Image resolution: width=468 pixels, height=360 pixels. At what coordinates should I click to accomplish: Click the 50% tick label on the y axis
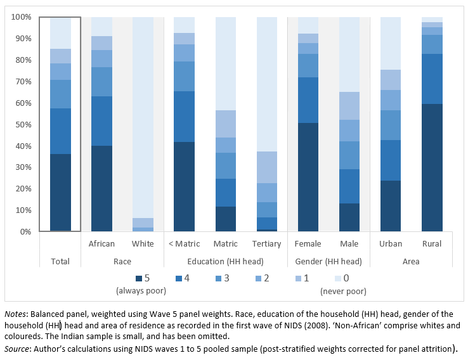click(x=22, y=124)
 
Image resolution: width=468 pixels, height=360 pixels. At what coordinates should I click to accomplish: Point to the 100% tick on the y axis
click(x=21, y=17)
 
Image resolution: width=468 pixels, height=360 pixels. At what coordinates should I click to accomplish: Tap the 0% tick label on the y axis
click(x=25, y=231)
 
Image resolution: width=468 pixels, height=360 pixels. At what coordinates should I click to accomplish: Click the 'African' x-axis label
click(x=102, y=244)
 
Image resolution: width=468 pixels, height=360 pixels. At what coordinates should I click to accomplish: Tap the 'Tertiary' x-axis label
click(x=267, y=244)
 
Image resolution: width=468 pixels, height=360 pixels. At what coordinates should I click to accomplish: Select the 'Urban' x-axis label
click(x=391, y=244)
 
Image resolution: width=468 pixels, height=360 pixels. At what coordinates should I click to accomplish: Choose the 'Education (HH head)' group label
click(x=226, y=261)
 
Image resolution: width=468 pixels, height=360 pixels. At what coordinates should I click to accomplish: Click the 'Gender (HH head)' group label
click(x=328, y=261)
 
